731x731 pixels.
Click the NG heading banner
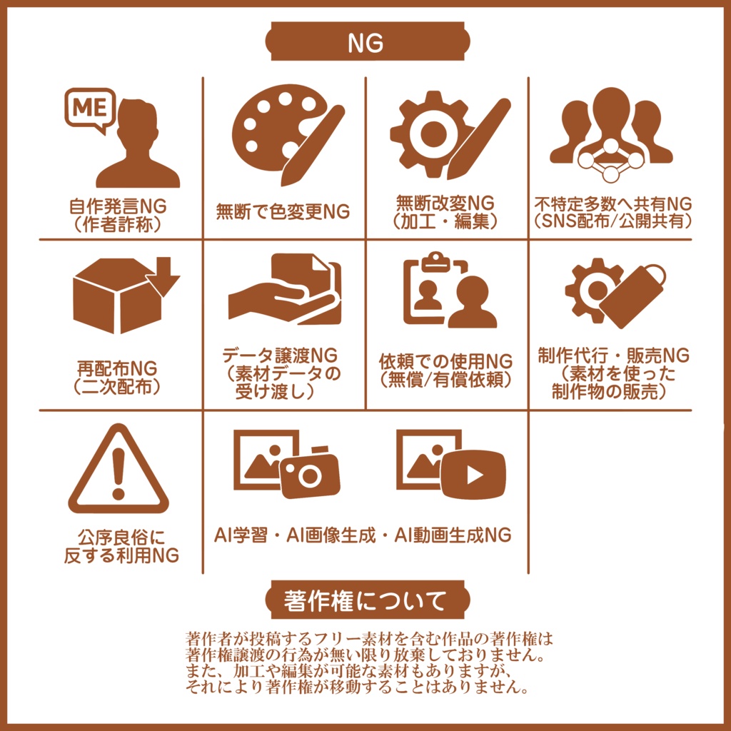pyautogui.click(x=365, y=43)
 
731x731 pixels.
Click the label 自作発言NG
pyautogui.click(x=118, y=207)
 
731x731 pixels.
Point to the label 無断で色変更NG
pyautogui.click(x=283, y=212)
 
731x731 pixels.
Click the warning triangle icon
pyautogui.click(x=119, y=470)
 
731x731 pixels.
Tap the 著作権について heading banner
pyautogui.click(x=365, y=600)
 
